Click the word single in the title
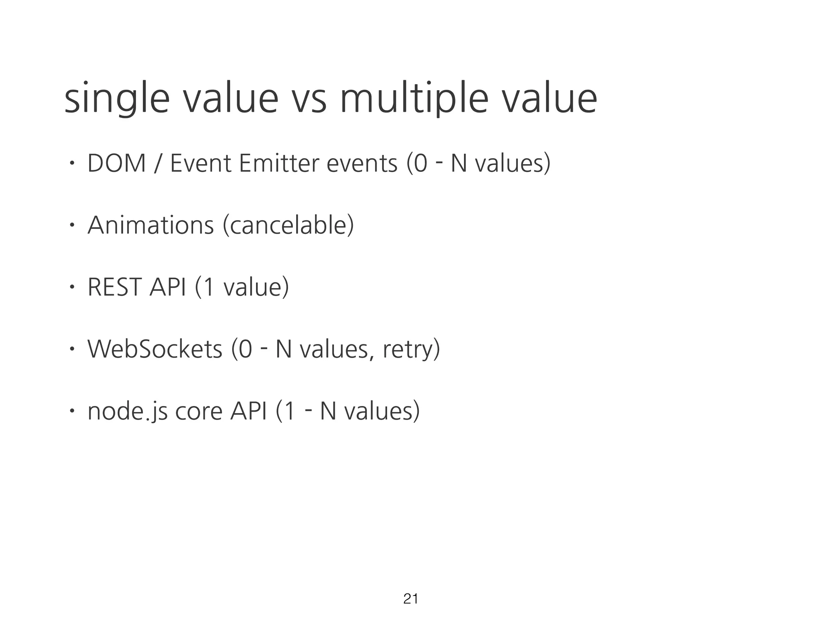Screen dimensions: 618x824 (x=117, y=100)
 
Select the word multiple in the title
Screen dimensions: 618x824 (x=414, y=100)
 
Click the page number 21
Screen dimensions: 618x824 (x=410, y=599)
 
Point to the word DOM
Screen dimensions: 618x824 (x=117, y=164)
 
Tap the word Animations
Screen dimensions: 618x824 (x=151, y=225)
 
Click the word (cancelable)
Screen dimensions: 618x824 (x=288, y=225)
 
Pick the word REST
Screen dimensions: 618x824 (x=115, y=287)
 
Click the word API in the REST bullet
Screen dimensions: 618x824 (x=167, y=287)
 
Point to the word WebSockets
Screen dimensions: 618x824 (x=155, y=349)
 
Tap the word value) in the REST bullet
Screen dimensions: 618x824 (x=256, y=287)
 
